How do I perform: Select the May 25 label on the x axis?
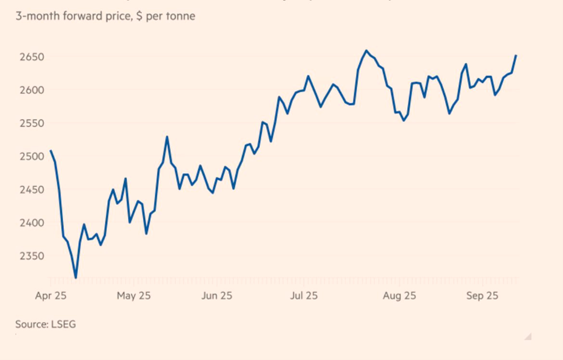(x=134, y=296)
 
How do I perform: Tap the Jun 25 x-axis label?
(x=217, y=296)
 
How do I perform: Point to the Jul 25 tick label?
(x=304, y=296)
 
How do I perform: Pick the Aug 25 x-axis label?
(x=399, y=296)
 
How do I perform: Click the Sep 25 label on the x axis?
(x=483, y=296)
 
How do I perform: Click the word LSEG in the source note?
(x=63, y=325)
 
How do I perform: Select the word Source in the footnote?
(x=31, y=325)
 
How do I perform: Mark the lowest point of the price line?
(x=76, y=278)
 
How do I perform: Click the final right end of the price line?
(x=516, y=55)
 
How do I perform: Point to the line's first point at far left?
(x=51, y=150)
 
